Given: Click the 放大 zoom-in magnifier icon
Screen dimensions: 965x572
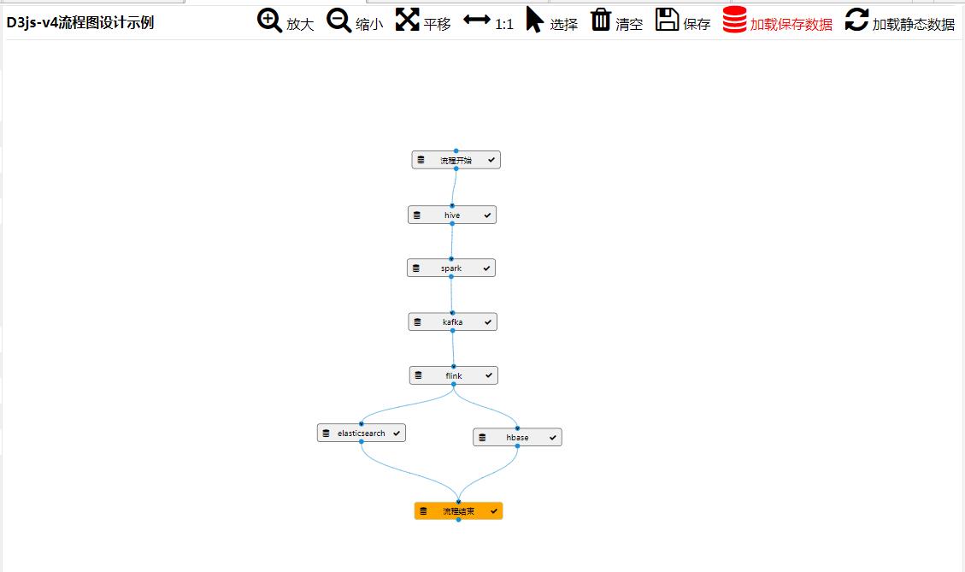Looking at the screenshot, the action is click(x=269, y=21).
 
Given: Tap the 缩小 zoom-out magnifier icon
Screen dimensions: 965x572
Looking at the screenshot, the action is click(x=338, y=21).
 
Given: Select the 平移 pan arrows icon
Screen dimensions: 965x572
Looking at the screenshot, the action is click(x=407, y=20).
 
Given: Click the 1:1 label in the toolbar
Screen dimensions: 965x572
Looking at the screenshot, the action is click(x=504, y=24).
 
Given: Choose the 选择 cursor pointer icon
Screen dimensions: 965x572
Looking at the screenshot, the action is click(x=534, y=20).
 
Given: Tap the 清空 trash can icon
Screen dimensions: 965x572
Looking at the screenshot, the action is click(x=601, y=20).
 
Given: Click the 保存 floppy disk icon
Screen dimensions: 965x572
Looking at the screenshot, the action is click(x=668, y=20).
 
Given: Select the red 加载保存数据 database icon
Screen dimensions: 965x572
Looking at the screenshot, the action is click(x=734, y=20).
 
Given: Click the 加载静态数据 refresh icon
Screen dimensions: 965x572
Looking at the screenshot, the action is click(x=856, y=20).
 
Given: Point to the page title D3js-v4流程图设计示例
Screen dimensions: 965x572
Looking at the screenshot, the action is click(x=80, y=22).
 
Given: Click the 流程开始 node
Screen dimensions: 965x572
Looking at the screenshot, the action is click(x=456, y=160).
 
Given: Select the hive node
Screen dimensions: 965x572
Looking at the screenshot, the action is click(x=452, y=215).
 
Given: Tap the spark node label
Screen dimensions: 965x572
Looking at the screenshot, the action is click(x=451, y=268).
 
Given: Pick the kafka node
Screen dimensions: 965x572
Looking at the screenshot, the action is click(x=452, y=322).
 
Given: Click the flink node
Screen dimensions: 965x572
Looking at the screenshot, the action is click(x=453, y=375).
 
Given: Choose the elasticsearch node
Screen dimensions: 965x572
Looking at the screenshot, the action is click(x=361, y=433).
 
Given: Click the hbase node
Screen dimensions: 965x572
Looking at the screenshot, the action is click(x=517, y=438).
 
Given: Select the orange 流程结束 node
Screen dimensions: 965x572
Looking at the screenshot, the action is click(x=458, y=511).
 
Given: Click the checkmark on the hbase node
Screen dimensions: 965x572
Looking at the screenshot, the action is click(x=553, y=438).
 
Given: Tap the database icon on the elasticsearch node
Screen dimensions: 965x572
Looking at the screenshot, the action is click(x=326, y=433).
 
